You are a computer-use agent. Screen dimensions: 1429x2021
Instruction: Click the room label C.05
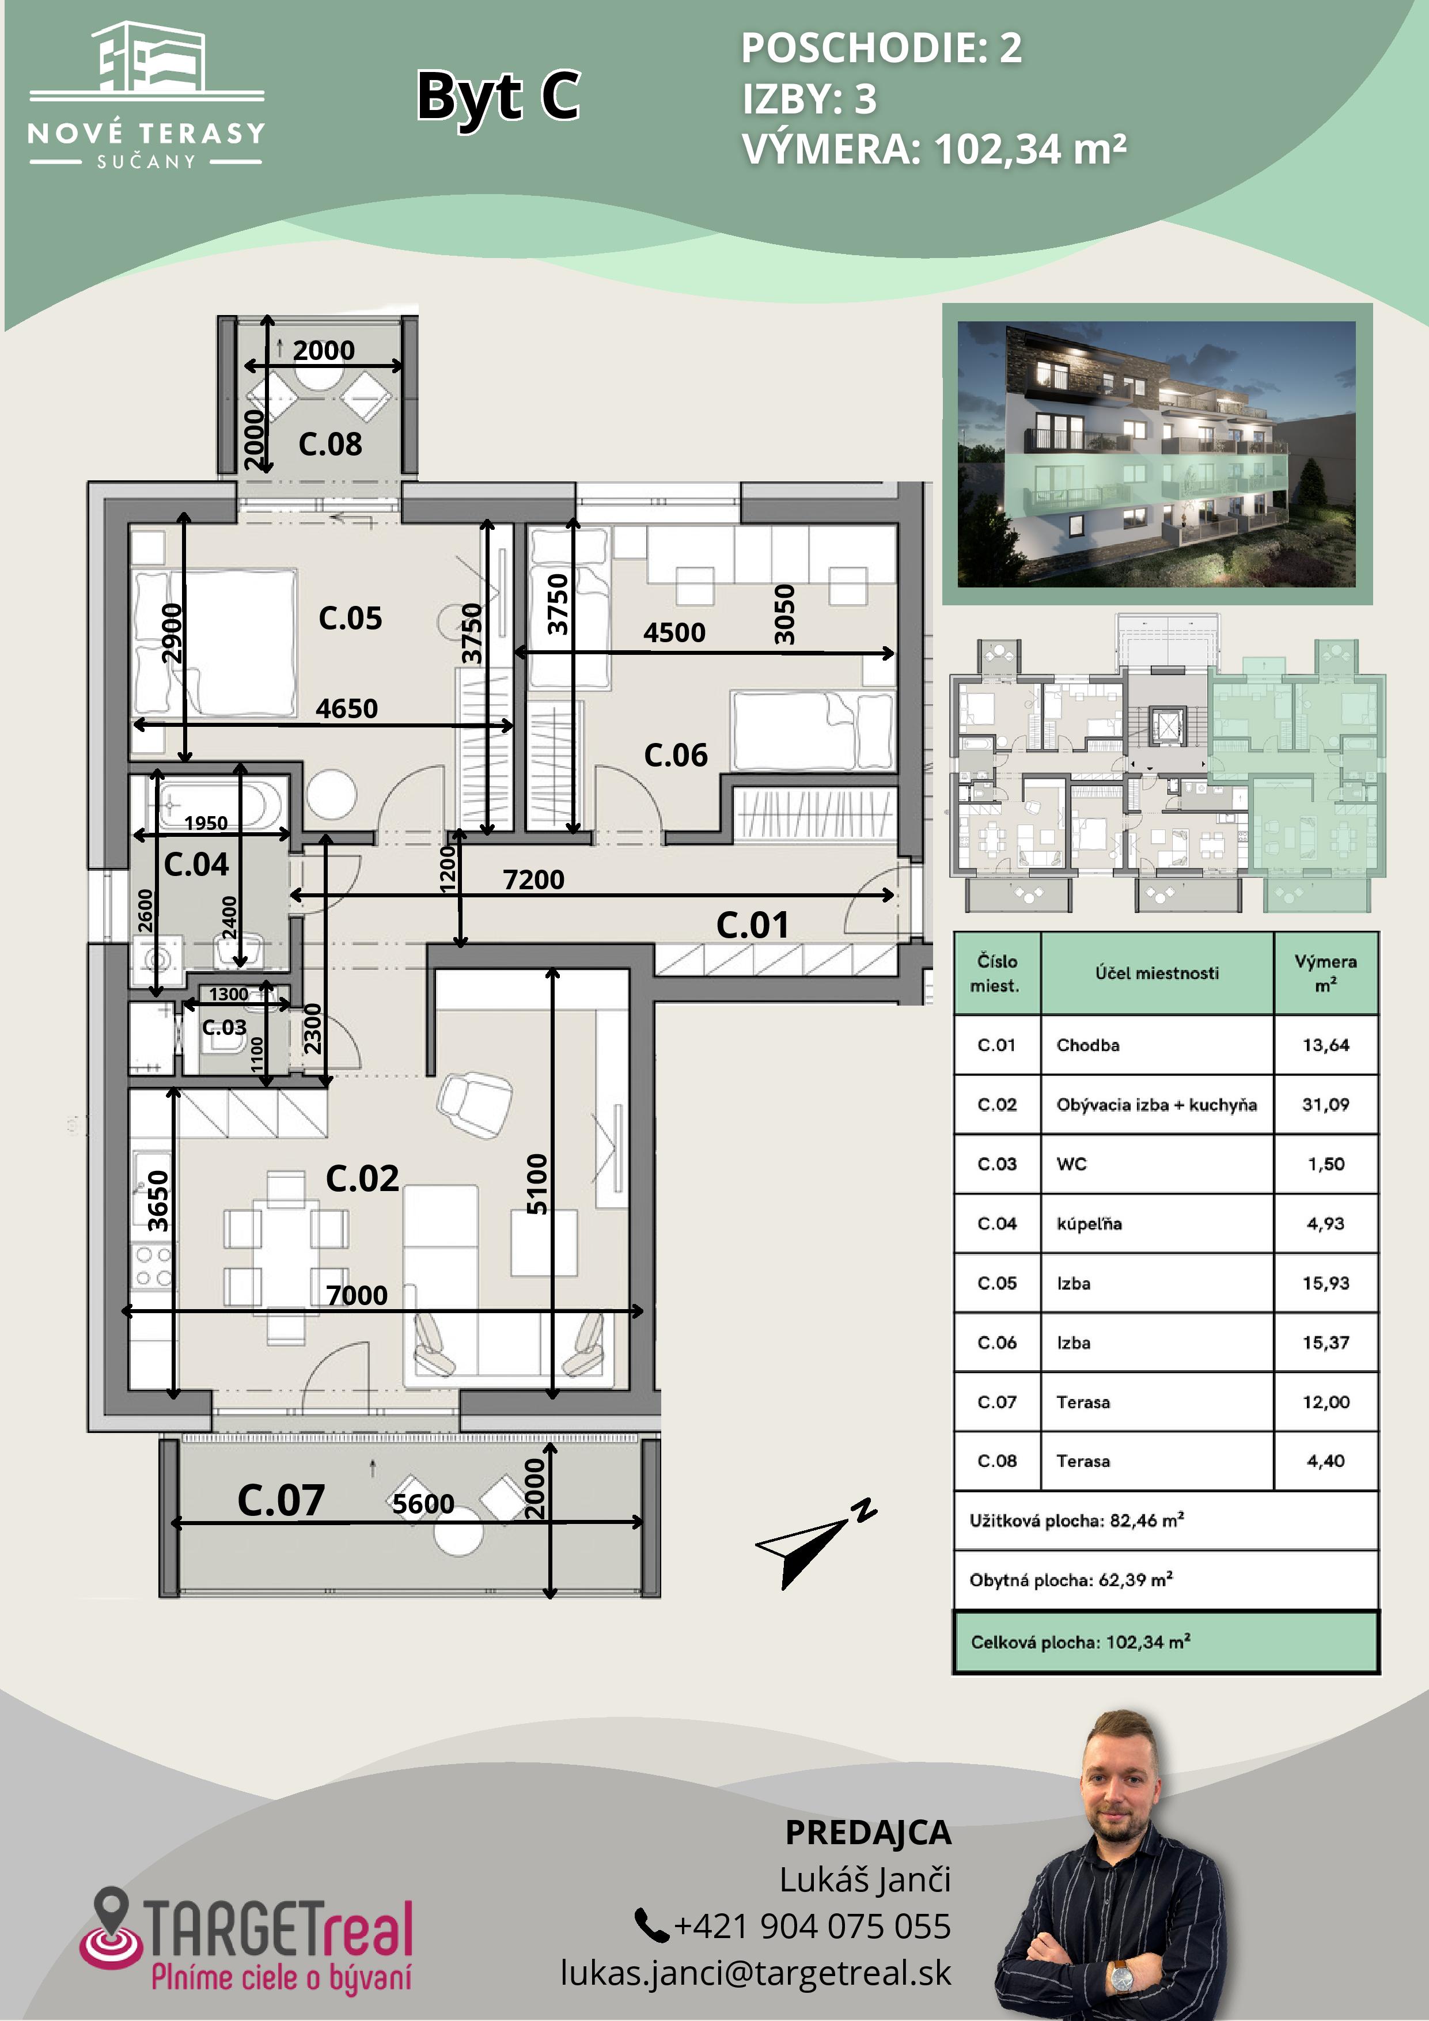click(x=350, y=618)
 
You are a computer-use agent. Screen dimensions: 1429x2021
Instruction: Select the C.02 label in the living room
click(x=362, y=1178)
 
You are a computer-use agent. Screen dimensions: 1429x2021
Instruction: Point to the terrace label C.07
click(x=281, y=1500)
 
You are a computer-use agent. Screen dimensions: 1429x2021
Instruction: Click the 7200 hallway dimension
click(x=533, y=879)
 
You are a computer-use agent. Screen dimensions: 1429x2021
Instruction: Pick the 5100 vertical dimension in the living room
click(x=537, y=1184)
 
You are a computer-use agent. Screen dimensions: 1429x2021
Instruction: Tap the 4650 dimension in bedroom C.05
click(x=347, y=708)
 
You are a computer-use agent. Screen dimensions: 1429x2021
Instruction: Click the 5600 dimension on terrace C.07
click(x=423, y=1503)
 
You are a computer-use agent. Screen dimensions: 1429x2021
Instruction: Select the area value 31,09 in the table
click(x=1325, y=1104)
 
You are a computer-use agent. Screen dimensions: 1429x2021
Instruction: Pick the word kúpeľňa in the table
click(x=1089, y=1223)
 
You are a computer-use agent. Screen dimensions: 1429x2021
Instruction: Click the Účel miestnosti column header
click(x=1157, y=973)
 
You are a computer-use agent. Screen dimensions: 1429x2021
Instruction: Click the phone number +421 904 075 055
click(x=812, y=1926)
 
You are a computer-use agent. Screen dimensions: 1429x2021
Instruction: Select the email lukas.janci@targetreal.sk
click(x=756, y=1973)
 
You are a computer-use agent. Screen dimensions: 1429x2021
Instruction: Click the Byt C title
click(x=498, y=96)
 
